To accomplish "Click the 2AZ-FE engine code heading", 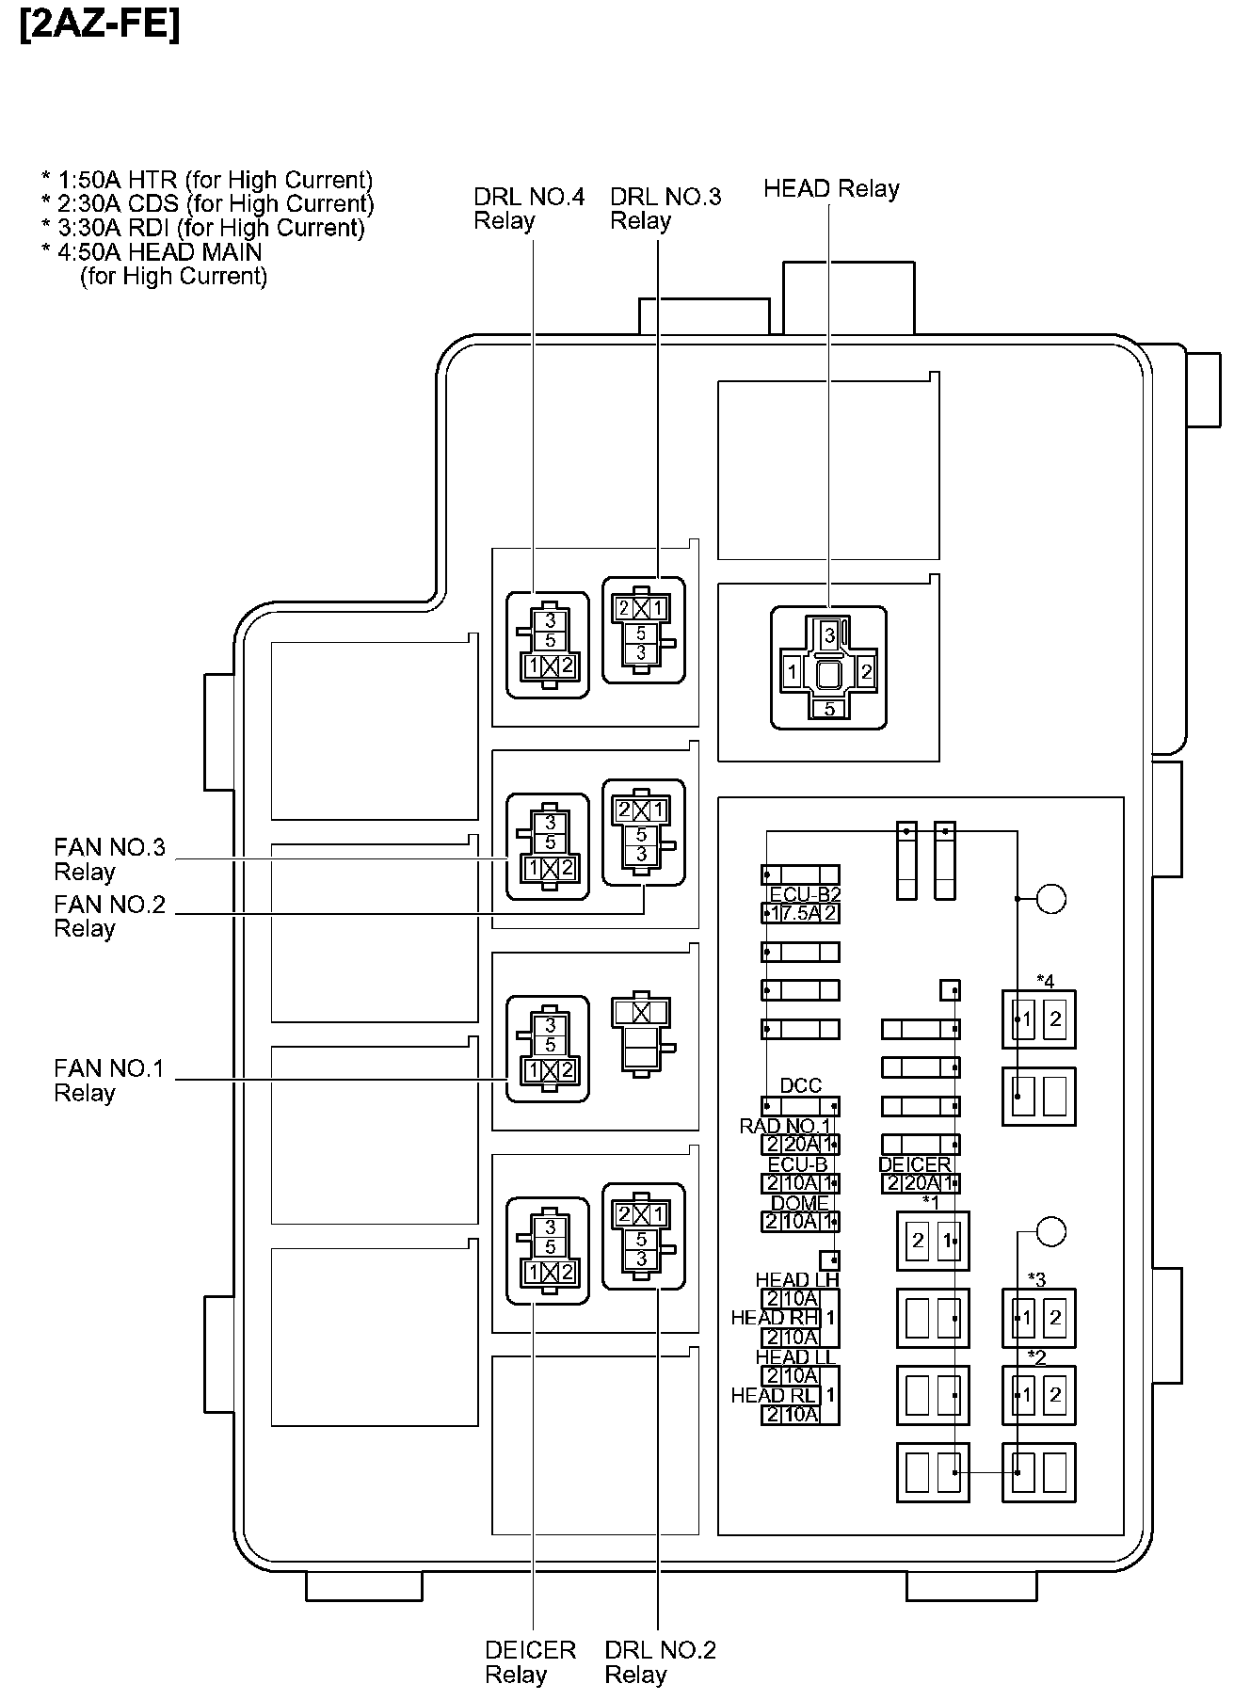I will tap(99, 25).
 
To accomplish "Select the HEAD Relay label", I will tap(831, 188).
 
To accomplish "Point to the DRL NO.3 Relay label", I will tap(665, 208).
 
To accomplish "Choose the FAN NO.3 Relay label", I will tap(109, 859).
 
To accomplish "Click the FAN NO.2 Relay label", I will tap(109, 916).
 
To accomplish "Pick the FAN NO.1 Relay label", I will tap(108, 1080).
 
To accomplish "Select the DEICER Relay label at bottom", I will tap(530, 1661).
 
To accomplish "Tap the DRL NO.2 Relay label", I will tap(660, 1661).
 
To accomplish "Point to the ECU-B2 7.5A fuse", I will tap(800, 912).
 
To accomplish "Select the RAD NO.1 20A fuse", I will tap(800, 1145).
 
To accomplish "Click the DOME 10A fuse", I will tap(800, 1222).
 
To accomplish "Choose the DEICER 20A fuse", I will tap(921, 1184).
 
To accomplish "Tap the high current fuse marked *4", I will tap(1039, 1018).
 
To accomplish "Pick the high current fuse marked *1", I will tap(933, 1241).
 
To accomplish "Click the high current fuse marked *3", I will tap(1039, 1317).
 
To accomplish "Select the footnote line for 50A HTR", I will tap(207, 180).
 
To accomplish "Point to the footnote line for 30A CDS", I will tap(207, 203).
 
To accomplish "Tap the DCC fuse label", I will tap(801, 1085).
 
